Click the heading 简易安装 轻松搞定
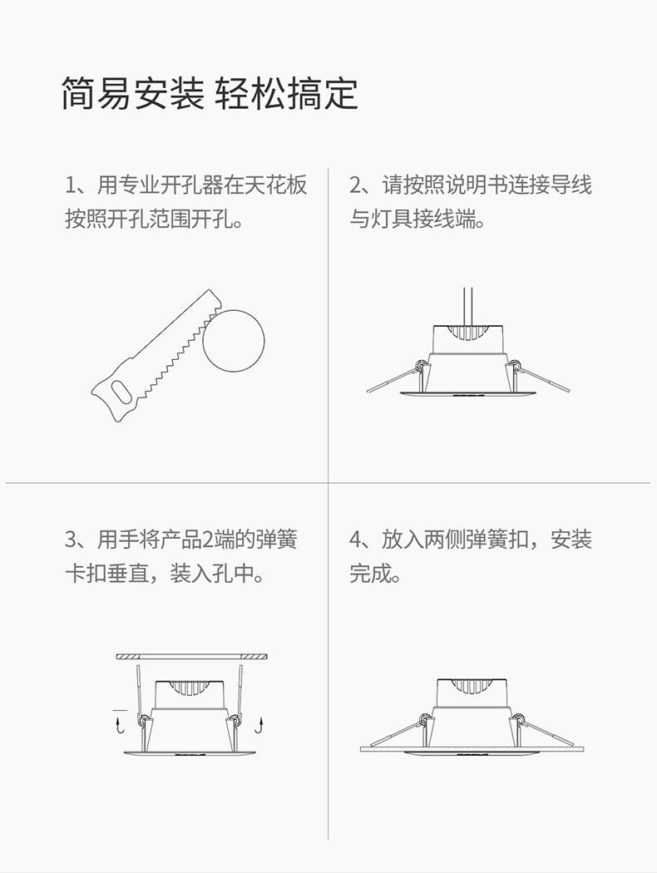point(210,93)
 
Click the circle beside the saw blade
point(234,341)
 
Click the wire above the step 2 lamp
point(468,305)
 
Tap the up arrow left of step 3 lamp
point(117,726)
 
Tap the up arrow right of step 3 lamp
point(259,726)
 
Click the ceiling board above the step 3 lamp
point(192,657)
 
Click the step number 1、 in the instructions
point(75,185)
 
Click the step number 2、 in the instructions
point(359,185)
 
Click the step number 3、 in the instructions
point(75,539)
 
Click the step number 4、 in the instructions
point(359,539)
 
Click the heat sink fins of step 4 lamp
point(472,689)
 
